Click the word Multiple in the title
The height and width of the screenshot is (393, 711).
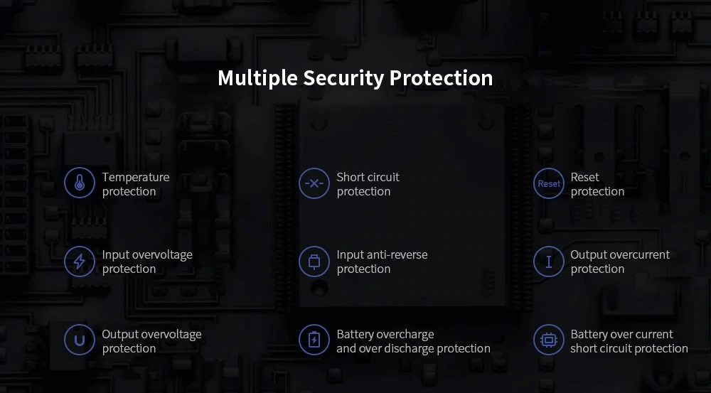click(257, 78)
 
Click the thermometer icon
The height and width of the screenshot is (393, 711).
click(79, 183)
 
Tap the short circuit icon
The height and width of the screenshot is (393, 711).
click(314, 183)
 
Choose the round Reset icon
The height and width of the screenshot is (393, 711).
click(548, 183)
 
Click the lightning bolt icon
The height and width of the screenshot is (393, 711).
click(79, 262)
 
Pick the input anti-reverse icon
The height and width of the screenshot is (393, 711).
click(314, 262)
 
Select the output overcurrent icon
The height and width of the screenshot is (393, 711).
click(548, 262)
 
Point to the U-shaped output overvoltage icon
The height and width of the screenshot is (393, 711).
click(79, 340)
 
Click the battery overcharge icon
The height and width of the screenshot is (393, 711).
click(314, 340)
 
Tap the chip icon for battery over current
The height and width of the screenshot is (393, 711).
click(548, 340)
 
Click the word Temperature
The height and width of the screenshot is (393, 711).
click(136, 177)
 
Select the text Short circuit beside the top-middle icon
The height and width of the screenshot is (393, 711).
click(368, 177)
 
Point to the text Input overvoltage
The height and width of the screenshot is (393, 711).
click(147, 254)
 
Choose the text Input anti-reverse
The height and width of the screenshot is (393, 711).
click(382, 254)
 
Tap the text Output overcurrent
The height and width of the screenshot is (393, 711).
click(620, 254)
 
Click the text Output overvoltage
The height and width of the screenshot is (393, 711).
click(151, 334)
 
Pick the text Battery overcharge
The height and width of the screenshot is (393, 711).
click(385, 334)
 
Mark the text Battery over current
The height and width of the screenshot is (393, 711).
click(621, 334)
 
